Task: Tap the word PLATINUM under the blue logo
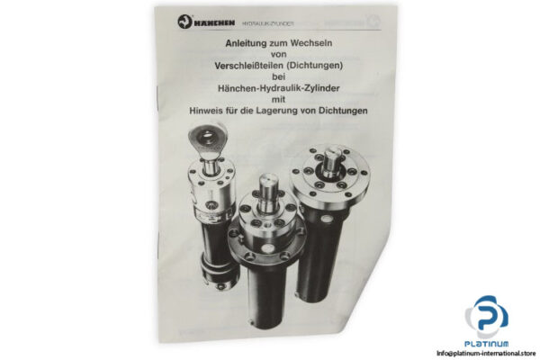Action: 487,343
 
